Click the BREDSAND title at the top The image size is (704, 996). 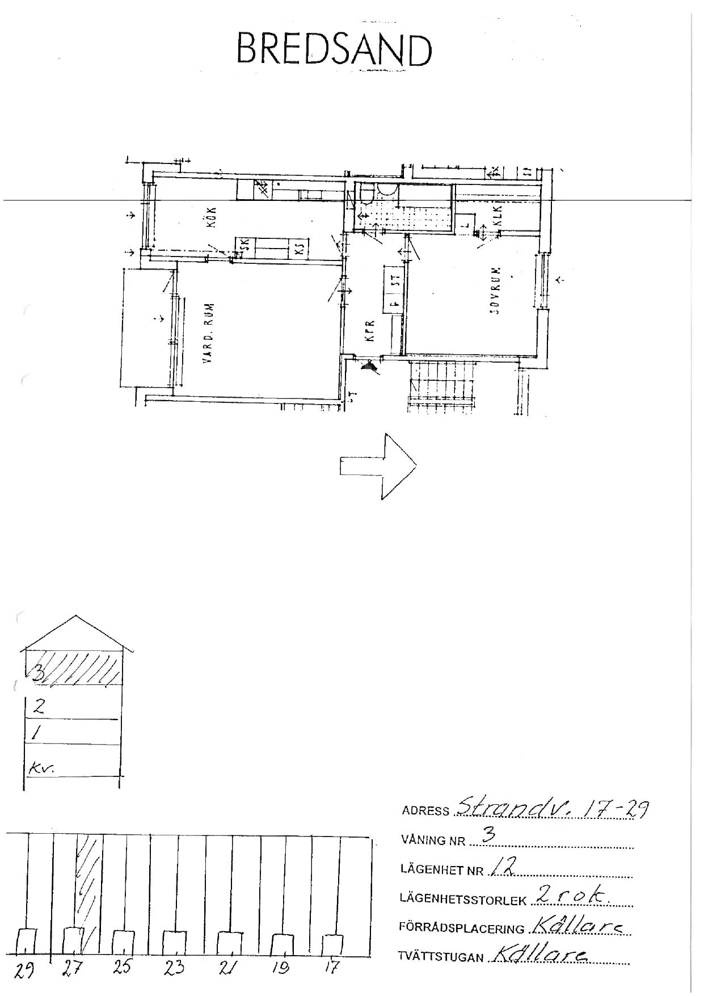[x=334, y=50]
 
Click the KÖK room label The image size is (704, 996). [x=213, y=216]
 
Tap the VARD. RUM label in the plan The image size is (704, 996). [x=209, y=333]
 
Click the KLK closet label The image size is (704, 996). [x=498, y=216]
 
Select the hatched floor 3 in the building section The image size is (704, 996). [x=74, y=667]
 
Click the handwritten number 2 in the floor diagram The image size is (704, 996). [x=39, y=707]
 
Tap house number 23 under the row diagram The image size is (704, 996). [x=174, y=967]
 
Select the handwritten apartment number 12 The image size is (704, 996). [x=503, y=868]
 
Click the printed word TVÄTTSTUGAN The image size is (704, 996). [x=441, y=957]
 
